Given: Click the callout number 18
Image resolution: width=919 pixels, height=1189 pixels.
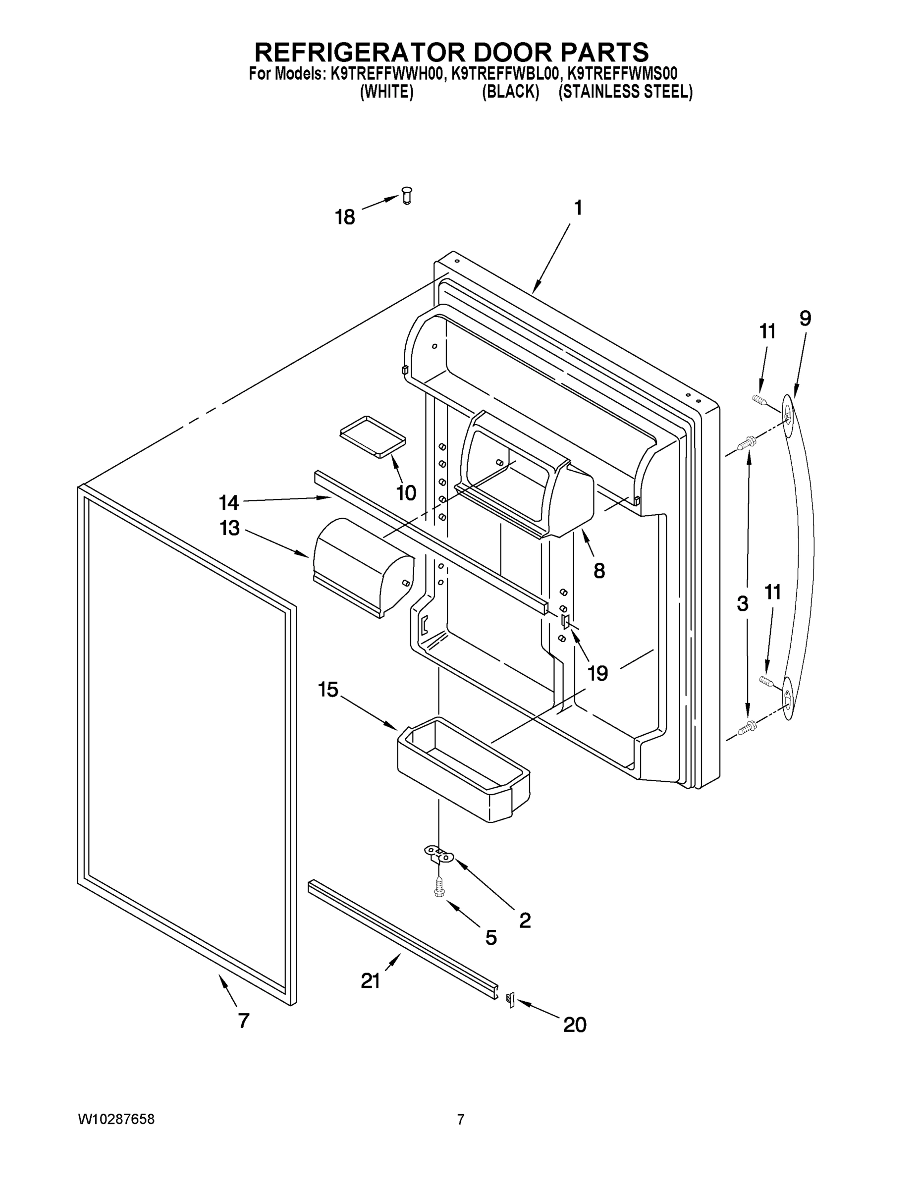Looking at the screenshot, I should pos(345,217).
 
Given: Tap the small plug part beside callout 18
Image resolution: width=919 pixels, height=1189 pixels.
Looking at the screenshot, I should pos(406,194).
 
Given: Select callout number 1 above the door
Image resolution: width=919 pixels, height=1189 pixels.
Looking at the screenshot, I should pos(578,208).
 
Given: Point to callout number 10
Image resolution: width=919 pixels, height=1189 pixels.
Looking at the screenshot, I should pos(406,493).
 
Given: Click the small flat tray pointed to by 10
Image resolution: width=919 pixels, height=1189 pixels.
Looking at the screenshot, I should pos(373,434).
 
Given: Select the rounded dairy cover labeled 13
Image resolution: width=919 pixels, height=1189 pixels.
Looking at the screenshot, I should pos(362,566).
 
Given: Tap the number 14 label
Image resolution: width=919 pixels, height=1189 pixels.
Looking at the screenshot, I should pos(229,502).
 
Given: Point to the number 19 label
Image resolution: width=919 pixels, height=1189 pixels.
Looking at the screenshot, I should pos(598,673).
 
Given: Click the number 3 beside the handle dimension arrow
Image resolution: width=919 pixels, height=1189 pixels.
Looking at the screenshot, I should pos(743,603).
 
